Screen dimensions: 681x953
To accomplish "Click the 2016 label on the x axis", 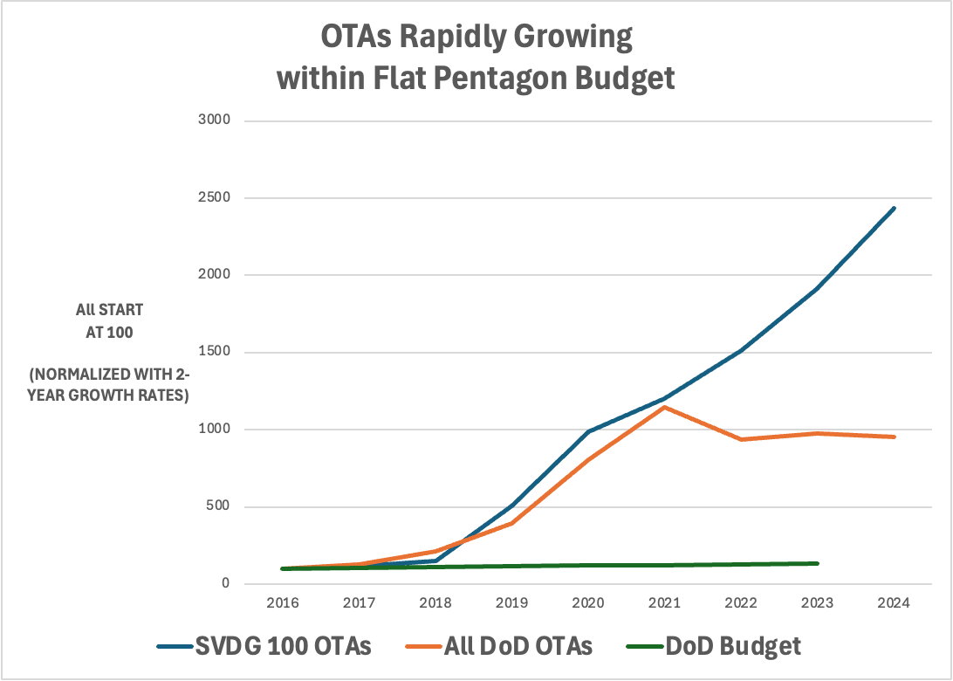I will (x=284, y=603).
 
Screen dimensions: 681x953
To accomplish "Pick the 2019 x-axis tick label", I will (x=512, y=603).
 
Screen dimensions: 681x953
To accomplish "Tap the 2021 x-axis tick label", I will (x=665, y=603).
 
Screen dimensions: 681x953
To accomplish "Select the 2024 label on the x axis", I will (x=894, y=603).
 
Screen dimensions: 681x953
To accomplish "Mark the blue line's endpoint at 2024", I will (x=894, y=208).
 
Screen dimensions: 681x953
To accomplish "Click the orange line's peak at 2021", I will (x=665, y=407).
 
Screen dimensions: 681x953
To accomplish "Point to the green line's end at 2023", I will (x=817, y=563).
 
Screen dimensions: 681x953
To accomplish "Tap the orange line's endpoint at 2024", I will (x=894, y=437).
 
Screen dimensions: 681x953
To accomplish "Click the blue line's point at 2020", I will (x=589, y=431).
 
